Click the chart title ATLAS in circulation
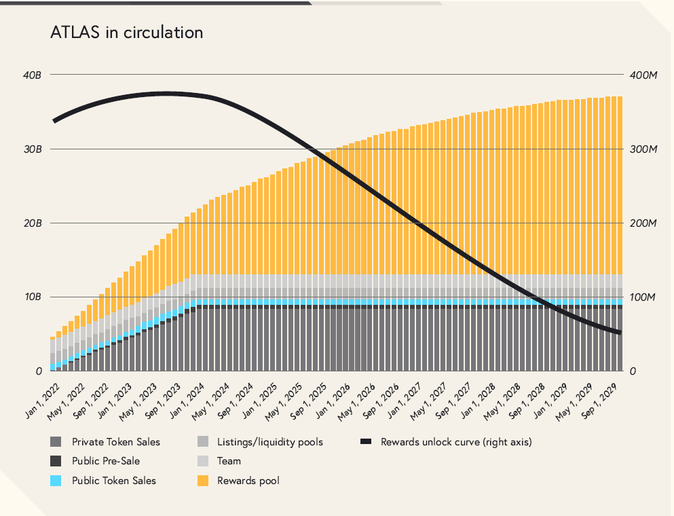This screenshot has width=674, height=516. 126,32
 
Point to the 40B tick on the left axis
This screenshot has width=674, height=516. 33,75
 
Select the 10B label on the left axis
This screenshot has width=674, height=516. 33,297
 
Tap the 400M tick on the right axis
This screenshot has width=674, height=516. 643,75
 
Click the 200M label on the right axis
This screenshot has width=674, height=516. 643,223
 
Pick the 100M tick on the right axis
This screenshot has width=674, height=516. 643,297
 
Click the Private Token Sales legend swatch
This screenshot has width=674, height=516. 56,442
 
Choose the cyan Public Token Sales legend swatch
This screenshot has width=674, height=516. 56,481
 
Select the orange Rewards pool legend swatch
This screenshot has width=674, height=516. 202,481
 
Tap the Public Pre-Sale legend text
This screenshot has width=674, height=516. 106,461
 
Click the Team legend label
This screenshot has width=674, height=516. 229,461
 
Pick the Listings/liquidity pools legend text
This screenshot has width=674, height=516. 270,442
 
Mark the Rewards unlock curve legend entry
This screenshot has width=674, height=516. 455,442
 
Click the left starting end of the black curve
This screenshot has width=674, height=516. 54,121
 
